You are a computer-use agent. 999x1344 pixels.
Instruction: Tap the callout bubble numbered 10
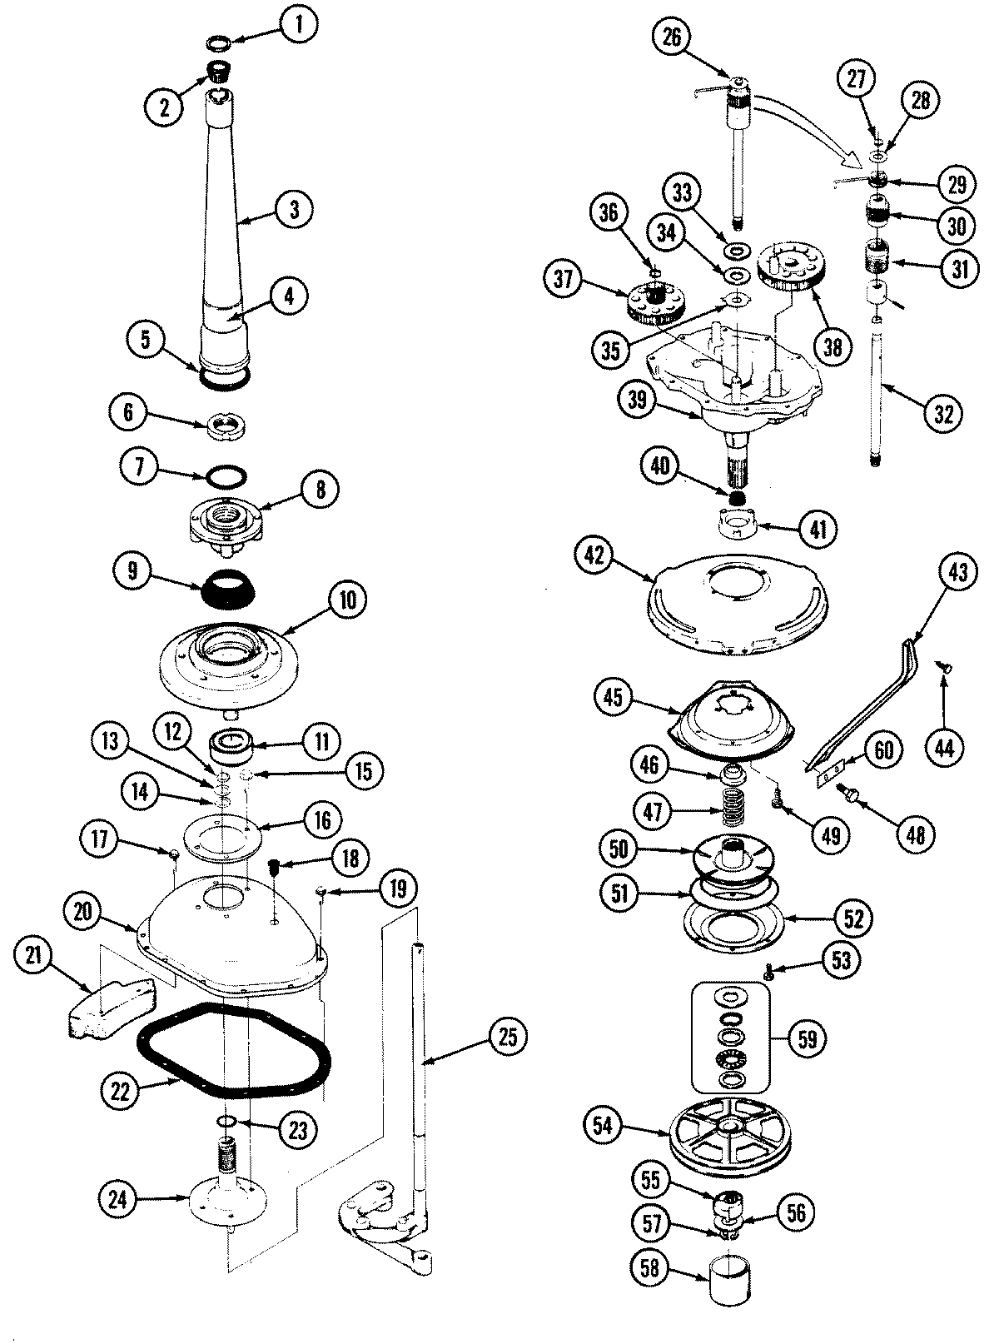[x=347, y=600]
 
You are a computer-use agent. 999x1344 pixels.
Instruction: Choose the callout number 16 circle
[x=321, y=820]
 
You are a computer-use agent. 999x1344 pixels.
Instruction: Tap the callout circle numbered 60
[x=883, y=750]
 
